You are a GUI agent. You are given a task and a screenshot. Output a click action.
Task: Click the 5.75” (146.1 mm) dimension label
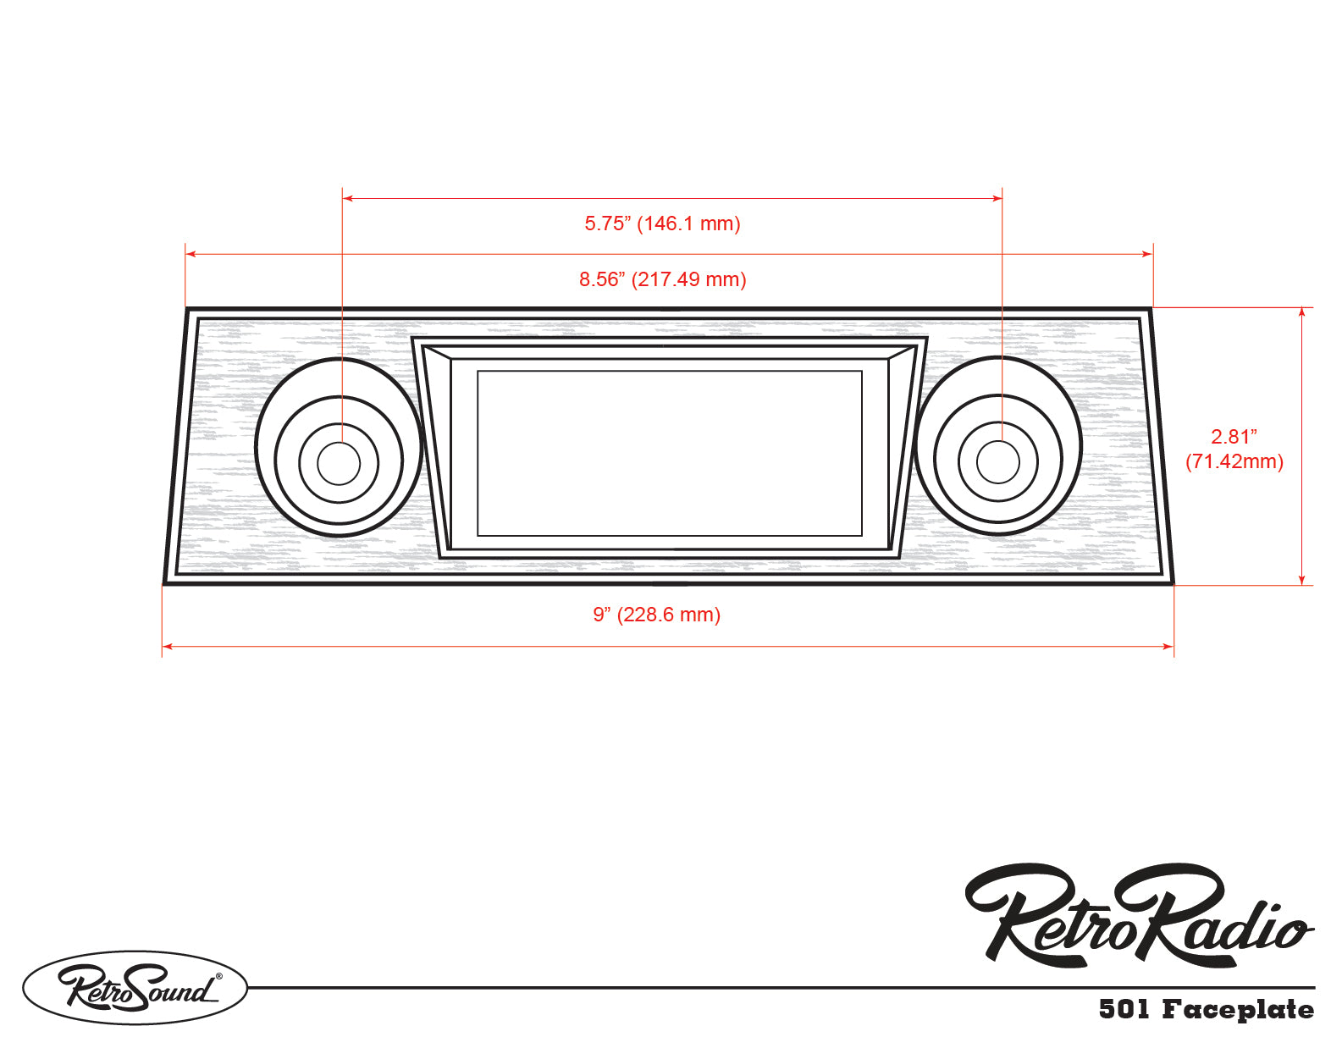click(662, 223)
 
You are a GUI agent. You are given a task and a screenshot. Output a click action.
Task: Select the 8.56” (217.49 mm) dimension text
click(662, 279)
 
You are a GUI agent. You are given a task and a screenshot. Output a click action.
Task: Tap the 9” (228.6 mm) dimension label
click(656, 615)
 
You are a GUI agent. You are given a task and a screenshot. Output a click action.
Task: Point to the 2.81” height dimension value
click(1234, 437)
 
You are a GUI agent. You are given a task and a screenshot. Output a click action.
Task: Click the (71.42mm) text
click(1234, 461)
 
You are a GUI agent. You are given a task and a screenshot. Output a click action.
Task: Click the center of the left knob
click(339, 462)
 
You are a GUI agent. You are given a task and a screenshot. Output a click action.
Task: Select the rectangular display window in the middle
click(669, 453)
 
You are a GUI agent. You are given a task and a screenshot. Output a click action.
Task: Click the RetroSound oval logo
click(135, 987)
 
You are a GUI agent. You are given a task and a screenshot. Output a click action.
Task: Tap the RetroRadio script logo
click(1139, 918)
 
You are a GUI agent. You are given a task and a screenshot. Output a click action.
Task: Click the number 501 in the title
click(1124, 1009)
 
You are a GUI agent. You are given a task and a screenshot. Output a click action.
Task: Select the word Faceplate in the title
click(1237, 1009)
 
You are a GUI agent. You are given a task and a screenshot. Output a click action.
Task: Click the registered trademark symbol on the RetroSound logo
click(219, 976)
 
